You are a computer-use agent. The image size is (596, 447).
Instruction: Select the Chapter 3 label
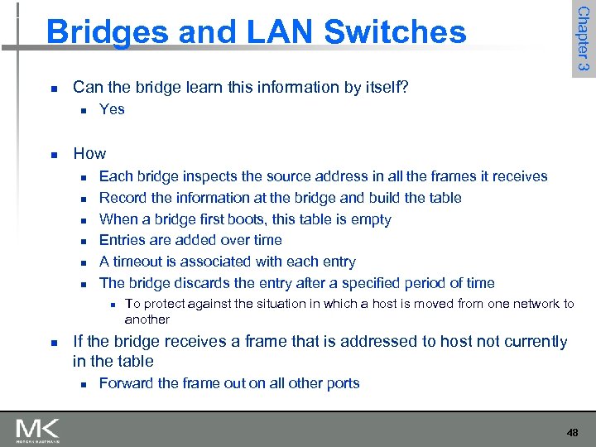[x=583, y=39]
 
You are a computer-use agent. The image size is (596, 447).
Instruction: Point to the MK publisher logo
[x=37, y=430]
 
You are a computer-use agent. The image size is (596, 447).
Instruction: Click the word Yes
[x=112, y=109]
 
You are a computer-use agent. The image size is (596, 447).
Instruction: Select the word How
[x=89, y=153]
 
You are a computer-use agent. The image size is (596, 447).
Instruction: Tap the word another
[x=147, y=320]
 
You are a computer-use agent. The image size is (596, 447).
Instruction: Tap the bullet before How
[x=52, y=154]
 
